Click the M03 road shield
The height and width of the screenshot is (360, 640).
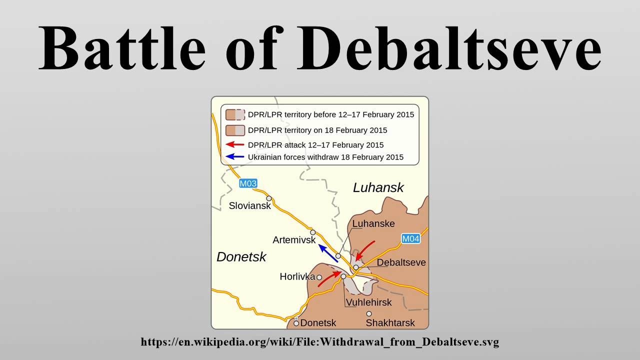(248, 183)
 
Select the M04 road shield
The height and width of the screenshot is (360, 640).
(410, 238)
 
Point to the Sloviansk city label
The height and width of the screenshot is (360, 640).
(249, 205)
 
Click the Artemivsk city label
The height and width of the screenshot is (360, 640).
(294, 240)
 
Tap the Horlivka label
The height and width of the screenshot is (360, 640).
(297, 276)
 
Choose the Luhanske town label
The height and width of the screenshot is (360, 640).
(373, 223)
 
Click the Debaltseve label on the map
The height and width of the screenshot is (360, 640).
(401, 262)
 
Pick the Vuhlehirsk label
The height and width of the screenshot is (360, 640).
(368, 302)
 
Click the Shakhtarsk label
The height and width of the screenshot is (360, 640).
(390, 323)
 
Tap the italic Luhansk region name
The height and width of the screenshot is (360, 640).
(378, 188)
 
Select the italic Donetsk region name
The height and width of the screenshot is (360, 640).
(241, 257)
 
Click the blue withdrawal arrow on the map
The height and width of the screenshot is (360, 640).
(328, 253)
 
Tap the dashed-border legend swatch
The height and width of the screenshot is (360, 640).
(234, 114)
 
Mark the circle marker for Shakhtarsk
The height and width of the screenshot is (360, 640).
(369, 314)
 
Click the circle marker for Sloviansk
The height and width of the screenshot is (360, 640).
(269, 198)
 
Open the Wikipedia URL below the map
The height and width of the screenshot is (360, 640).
(320, 342)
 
